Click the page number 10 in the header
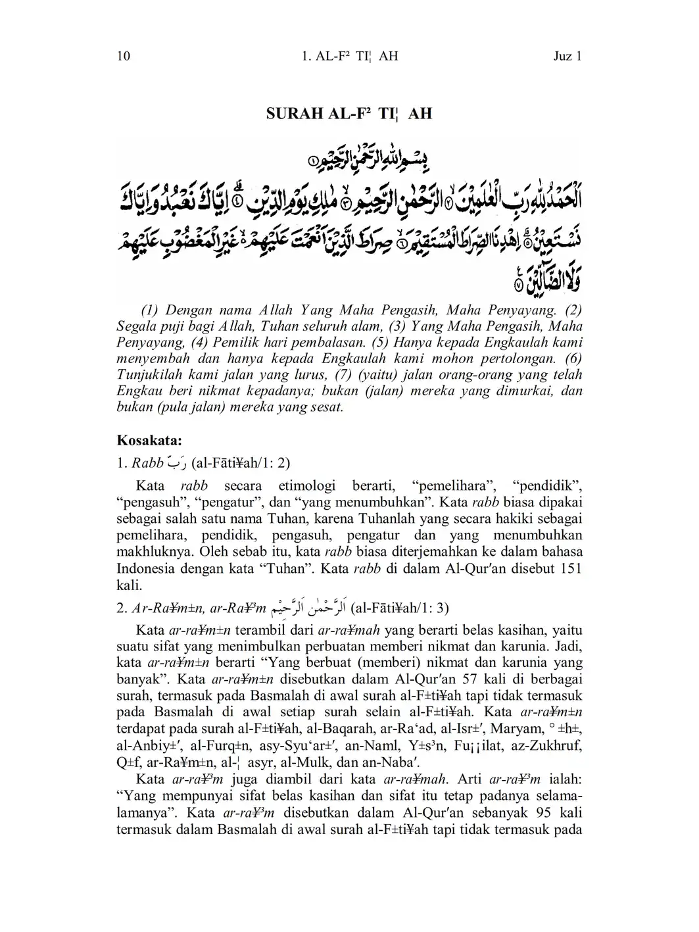tap(124, 56)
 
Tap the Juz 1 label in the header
tap(567, 56)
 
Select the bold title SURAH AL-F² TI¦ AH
tap(349, 114)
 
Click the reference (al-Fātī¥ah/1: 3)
tap(401, 607)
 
